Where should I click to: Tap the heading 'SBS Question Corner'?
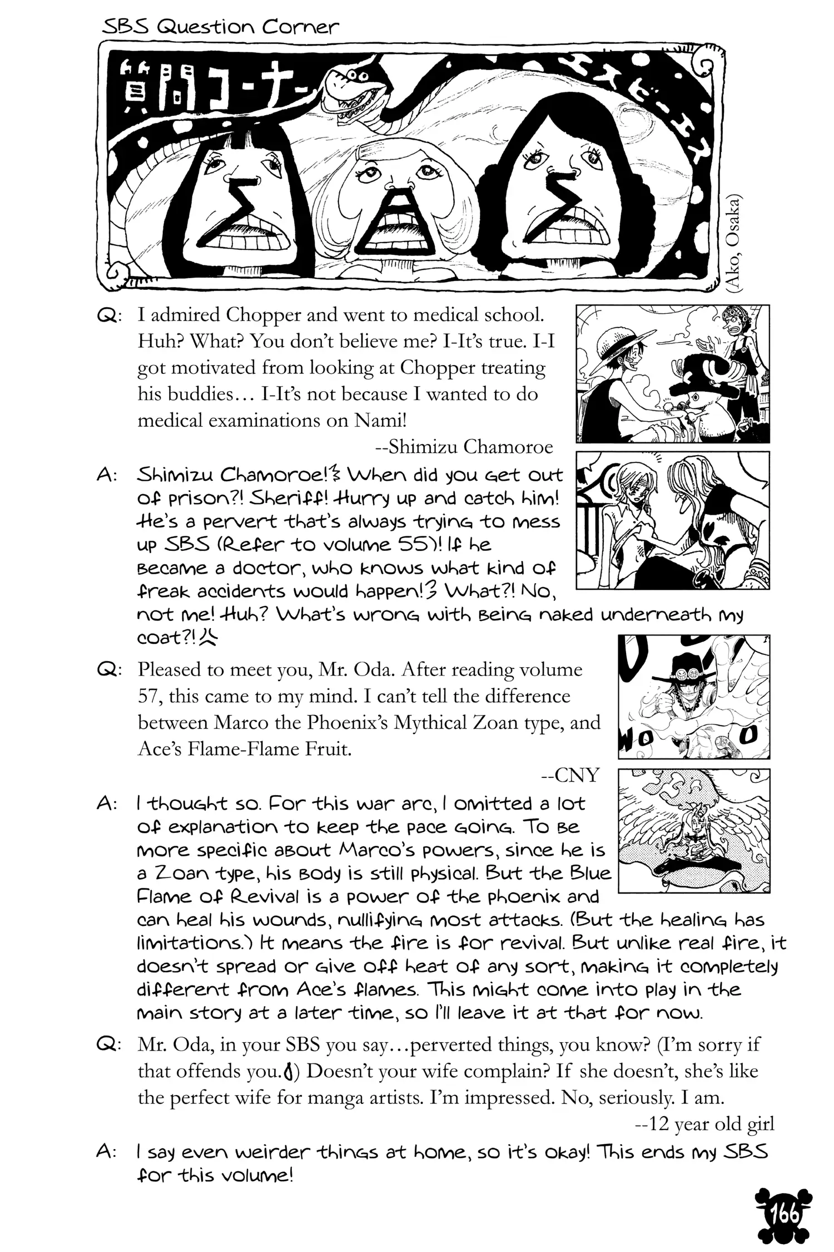(220, 26)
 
